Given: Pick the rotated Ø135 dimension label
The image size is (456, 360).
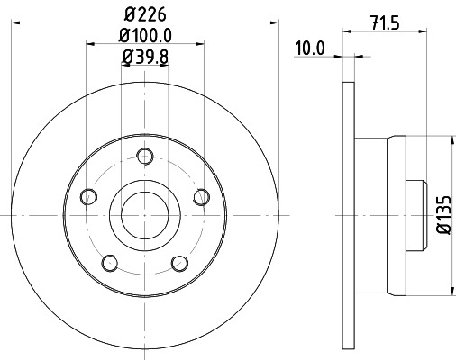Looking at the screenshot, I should click(442, 216).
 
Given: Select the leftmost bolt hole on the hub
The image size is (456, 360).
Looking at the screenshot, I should click(88, 196).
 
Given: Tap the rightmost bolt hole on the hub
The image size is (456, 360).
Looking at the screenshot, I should click(202, 196).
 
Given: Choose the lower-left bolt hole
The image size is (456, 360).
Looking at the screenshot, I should click(110, 262).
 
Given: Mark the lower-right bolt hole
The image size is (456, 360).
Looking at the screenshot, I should click(179, 262).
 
